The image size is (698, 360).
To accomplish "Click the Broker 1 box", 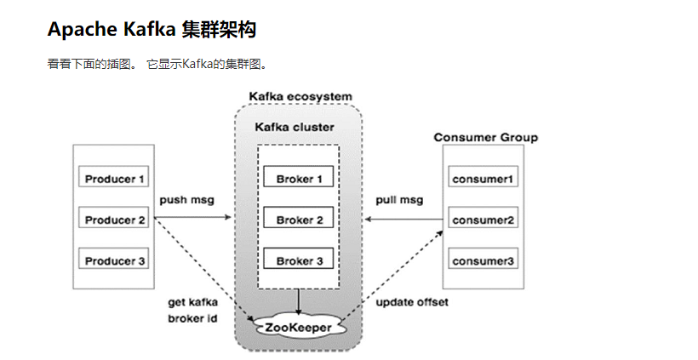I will pyautogui.click(x=299, y=179).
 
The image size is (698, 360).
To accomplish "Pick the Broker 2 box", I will pyautogui.click(x=299, y=220).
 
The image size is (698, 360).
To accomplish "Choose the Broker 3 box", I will pyautogui.click(x=299, y=260).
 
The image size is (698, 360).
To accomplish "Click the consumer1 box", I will pyautogui.click(x=483, y=179).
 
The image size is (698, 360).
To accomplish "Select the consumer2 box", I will pyautogui.click(x=483, y=220).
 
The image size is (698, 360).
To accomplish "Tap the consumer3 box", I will pyautogui.click(x=483, y=260).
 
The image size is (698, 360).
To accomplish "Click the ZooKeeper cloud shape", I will pyautogui.click(x=298, y=326).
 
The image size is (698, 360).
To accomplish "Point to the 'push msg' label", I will pyautogui.click(x=186, y=200).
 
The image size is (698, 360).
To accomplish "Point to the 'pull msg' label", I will pyautogui.click(x=398, y=200).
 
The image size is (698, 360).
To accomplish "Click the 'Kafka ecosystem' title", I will pyautogui.click(x=300, y=96).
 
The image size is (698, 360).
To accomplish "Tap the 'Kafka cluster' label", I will pyautogui.click(x=295, y=127).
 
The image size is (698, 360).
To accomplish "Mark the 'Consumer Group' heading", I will pyautogui.click(x=485, y=137).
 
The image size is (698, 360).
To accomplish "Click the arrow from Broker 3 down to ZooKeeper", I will pyautogui.click(x=299, y=300).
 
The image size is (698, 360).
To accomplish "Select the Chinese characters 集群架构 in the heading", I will pyautogui.click(x=219, y=30).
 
